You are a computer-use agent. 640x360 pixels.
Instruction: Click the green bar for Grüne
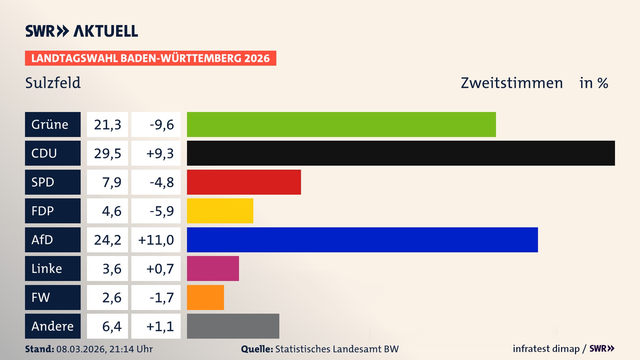coord(341,124)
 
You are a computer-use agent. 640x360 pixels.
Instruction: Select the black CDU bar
coord(401,153)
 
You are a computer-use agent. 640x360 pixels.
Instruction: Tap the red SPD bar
coord(244,182)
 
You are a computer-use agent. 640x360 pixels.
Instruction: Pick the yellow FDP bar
coord(220,211)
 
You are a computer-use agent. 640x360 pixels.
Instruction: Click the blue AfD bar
coord(362,240)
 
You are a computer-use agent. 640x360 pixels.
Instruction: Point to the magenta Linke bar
coord(213,268)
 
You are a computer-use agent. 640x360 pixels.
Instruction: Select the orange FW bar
coord(205,297)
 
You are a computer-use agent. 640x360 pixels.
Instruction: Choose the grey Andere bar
coord(233,326)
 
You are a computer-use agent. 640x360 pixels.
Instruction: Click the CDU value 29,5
coord(107,153)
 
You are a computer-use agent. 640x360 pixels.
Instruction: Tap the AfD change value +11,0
coord(156,240)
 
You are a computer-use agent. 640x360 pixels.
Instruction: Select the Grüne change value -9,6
coord(162,125)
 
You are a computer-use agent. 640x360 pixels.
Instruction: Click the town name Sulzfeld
coord(53,83)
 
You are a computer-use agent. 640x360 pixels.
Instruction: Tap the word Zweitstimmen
coord(512,83)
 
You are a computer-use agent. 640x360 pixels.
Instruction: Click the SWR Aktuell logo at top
coord(82,31)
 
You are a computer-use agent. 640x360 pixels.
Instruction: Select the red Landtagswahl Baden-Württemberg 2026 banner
coord(150,58)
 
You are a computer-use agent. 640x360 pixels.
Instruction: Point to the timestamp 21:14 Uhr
coord(131,349)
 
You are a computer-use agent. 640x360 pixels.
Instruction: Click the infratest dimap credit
coord(546,349)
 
